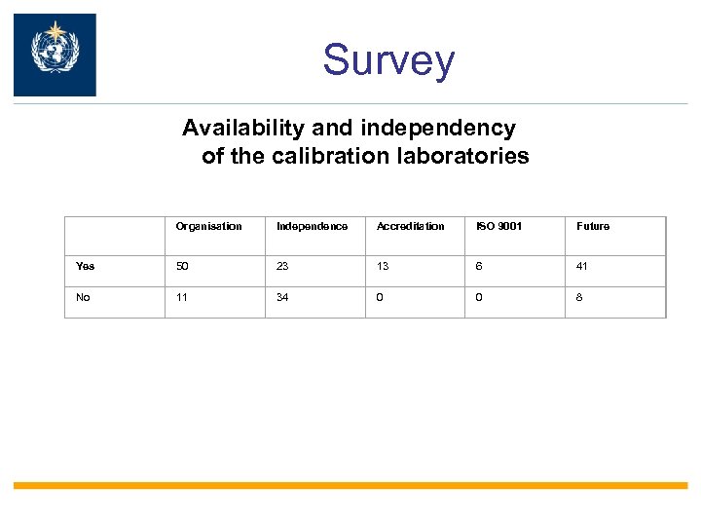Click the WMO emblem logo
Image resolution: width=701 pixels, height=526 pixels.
coord(55,55)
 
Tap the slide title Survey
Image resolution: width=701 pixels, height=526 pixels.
coord(388,60)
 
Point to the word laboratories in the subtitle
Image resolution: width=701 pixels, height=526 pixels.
coord(465,156)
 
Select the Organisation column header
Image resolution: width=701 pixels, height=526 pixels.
coord(208,226)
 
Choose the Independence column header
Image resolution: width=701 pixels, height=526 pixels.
coord(312,226)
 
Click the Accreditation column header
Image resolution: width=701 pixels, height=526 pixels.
coord(411,226)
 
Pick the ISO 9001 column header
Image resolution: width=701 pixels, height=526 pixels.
coord(498,226)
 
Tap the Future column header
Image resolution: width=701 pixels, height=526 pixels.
coord(593,226)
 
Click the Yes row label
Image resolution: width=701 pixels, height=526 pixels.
coord(86,266)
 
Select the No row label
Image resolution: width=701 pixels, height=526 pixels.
coord(83,297)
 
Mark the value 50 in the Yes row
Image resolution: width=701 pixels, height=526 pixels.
coord(182,266)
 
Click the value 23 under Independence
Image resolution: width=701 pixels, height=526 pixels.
coord(282,266)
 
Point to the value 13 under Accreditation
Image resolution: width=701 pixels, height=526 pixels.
coord(383,266)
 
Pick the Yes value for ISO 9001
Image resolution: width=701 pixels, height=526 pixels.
coord(479,266)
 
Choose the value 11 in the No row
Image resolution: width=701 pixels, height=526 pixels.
coord(182,297)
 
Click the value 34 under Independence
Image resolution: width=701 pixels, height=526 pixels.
coord(282,297)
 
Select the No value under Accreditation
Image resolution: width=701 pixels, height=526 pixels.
coord(380,297)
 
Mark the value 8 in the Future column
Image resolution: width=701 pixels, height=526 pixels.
coord(579,297)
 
